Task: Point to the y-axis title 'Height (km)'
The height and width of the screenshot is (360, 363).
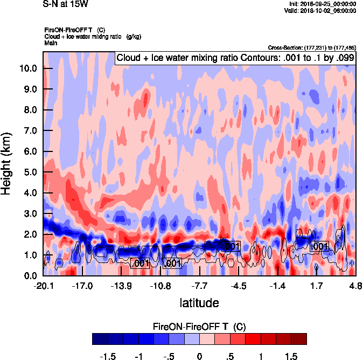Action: click(x=7, y=164)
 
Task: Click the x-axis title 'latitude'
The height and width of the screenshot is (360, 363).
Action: click(x=199, y=302)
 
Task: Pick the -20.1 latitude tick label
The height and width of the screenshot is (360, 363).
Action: click(x=44, y=285)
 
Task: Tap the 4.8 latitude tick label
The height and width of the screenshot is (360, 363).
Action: click(x=355, y=285)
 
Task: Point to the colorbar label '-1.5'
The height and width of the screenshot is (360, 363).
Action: click(x=108, y=356)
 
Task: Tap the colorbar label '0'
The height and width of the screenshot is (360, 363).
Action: click(x=199, y=356)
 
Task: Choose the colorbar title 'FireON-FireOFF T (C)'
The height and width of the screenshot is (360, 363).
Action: click(x=199, y=327)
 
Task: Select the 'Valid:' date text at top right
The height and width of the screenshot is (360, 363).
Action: click(x=320, y=10)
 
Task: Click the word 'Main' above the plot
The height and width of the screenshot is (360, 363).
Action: click(x=51, y=42)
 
